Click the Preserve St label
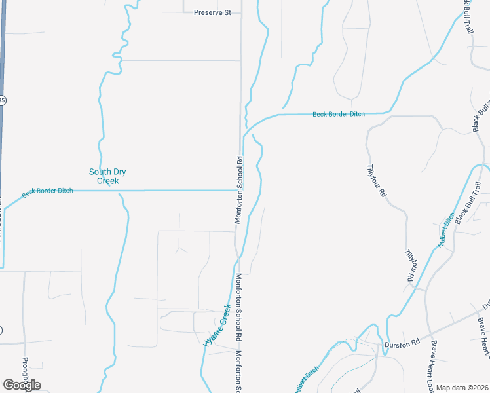point(213,12)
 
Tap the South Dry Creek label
point(107,176)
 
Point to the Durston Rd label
point(402,343)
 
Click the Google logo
point(22,385)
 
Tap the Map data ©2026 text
point(462,388)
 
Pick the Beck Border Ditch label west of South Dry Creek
point(47,193)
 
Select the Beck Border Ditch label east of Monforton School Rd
point(338,114)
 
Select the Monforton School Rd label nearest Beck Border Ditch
point(240,190)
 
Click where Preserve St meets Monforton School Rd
point(240,12)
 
